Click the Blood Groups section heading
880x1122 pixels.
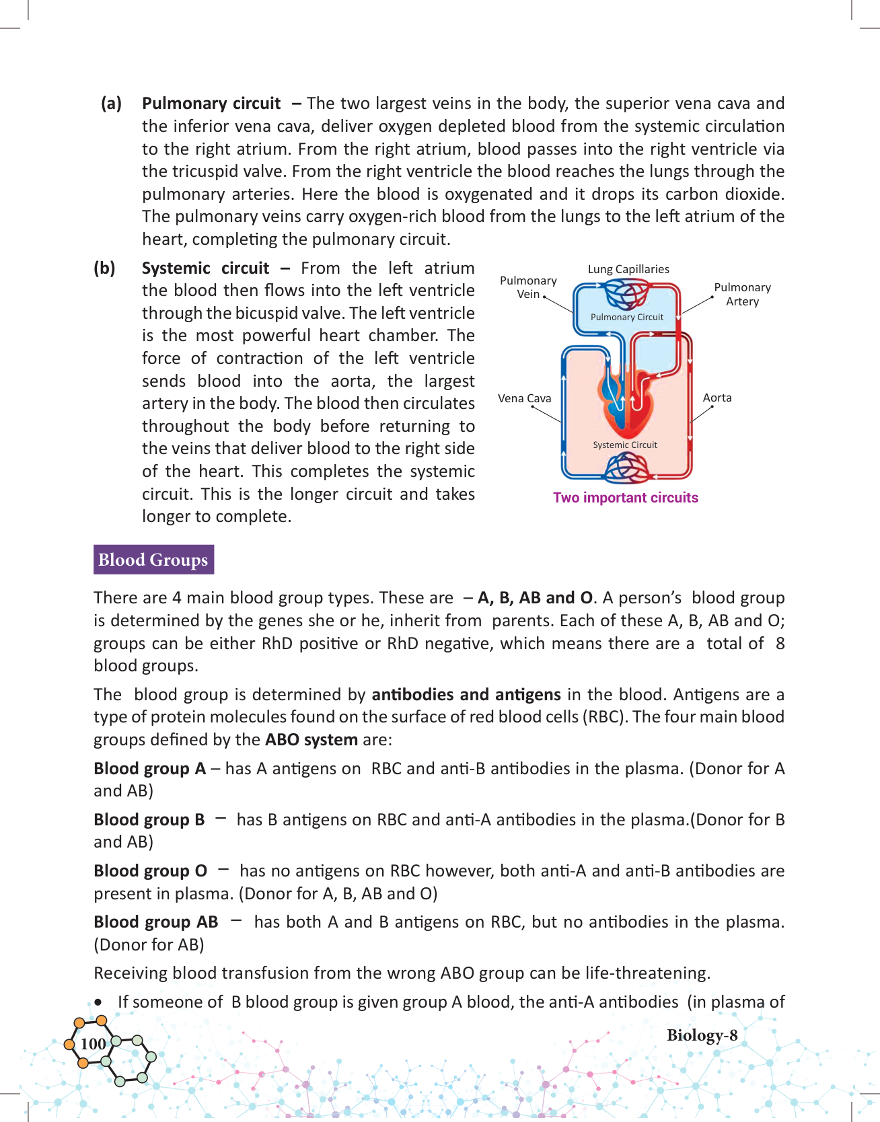click(x=153, y=560)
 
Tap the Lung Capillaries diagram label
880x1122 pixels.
click(x=628, y=269)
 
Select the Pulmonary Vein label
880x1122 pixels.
click(x=528, y=287)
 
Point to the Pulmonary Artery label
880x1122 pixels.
click(x=742, y=294)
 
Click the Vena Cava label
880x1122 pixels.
click(x=524, y=398)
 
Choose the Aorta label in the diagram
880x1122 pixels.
click(x=717, y=398)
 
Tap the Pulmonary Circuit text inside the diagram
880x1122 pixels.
click(x=627, y=317)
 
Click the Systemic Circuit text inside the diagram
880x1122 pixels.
click(x=625, y=445)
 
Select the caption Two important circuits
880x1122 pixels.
click(x=626, y=498)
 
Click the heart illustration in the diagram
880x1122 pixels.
click(x=626, y=400)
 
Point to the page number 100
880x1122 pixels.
click(x=93, y=1044)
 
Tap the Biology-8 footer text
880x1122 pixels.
click(x=702, y=1035)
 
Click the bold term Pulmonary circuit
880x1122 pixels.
click(x=211, y=104)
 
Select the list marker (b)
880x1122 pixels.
click(x=104, y=268)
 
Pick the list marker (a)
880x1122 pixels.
click(x=112, y=104)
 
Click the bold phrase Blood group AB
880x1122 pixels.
click(x=156, y=922)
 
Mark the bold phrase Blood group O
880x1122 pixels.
click(x=151, y=871)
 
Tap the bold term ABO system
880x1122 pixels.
click(x=311, y=740)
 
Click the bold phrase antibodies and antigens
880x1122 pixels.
click(x=466, y=694)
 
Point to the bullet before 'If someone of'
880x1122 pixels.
click(x=100, y=1002)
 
